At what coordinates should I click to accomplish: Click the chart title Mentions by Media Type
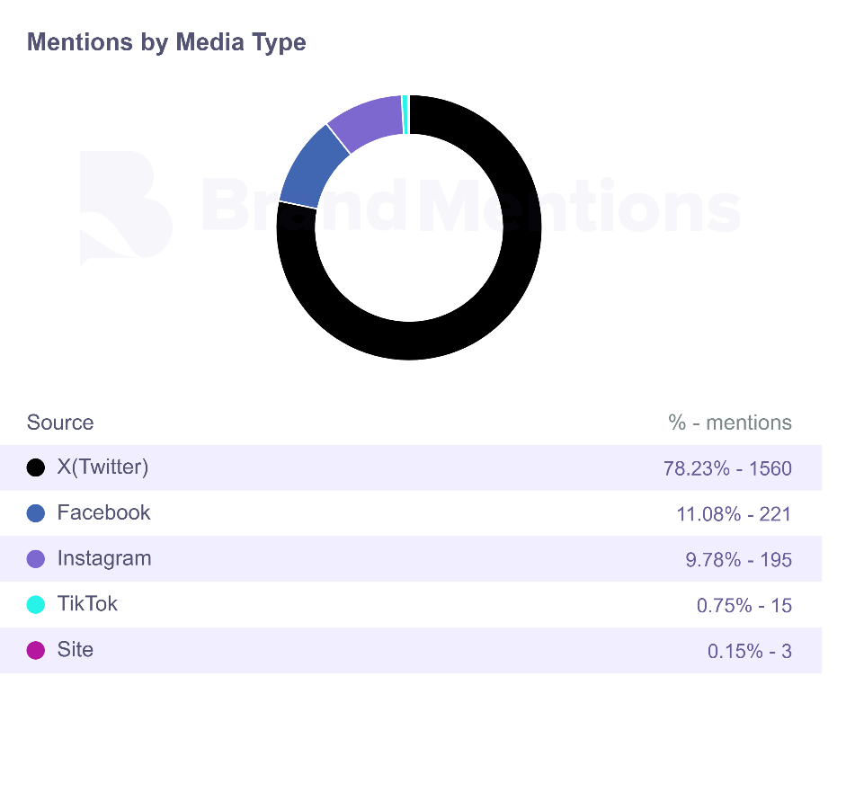[166, 42]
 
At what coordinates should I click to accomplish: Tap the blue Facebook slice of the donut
[311, 166]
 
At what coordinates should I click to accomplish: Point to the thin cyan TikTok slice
[405, 114]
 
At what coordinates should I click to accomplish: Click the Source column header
[60, 423]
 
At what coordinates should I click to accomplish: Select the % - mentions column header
[730, 423]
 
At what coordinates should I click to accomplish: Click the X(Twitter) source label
[102, 467]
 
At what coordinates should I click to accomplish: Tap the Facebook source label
[103, 512]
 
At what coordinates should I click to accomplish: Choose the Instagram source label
[104, 558]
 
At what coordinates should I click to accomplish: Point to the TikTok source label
[87, 603]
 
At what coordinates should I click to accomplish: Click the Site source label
[75, 649]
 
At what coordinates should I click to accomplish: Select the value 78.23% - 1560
[727, 467]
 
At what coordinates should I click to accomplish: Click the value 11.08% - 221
[734, 514]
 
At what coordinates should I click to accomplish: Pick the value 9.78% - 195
[738, 560]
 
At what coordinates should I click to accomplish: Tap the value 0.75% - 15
[744, 605]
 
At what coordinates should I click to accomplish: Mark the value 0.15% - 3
[750, 651]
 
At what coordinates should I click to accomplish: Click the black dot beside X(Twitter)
[36, 467]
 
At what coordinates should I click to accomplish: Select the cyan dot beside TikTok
[36, 604]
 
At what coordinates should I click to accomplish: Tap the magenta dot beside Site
[36, 650]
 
